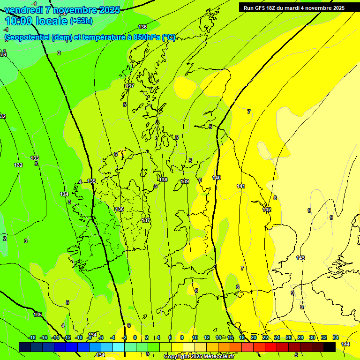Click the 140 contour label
point(217,178)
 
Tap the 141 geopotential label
point(241,186)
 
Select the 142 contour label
point(267,210)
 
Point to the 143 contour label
point(300,258)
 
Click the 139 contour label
point(185,181)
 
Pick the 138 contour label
point(163,180)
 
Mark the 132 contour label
point(18,165)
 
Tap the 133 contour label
point(35,158)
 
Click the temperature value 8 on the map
point(275,198)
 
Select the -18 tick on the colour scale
point(32,337)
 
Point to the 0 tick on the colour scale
point(135,337)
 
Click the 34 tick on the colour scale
point(336,337)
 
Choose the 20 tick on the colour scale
point(253,337)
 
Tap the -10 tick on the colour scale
point(79,337)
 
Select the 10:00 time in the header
point(19,21)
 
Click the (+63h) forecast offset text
point(81,21)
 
